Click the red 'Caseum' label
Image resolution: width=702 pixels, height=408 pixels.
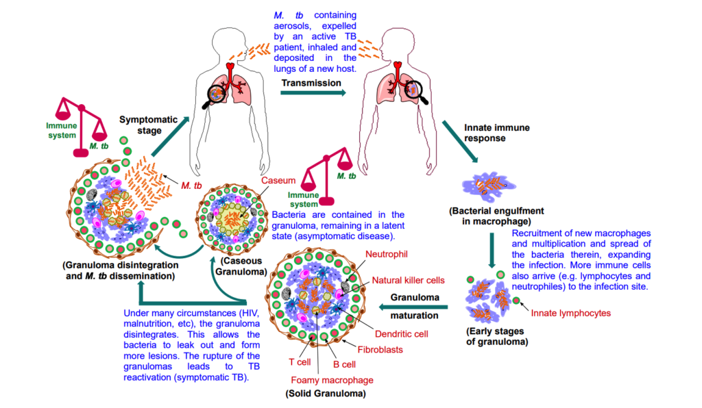278,181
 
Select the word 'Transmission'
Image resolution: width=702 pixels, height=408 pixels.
311,83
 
